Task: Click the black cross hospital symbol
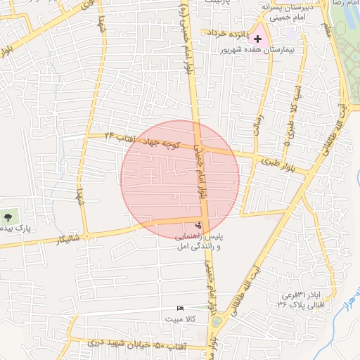(x=258, y=39)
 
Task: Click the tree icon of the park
(x=8, y=217)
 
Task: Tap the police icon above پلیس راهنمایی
(x=199, y=226)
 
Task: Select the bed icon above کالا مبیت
(x=181, y=308)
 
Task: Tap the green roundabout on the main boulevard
(x=217, y=322)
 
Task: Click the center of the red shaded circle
(x=181, y=179)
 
